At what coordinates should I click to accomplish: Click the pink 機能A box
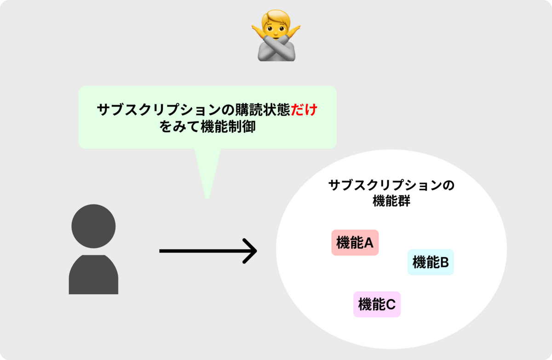coord(355,242)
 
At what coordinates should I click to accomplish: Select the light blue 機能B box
coord(431,262)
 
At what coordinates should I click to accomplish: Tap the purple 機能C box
coord(377,304)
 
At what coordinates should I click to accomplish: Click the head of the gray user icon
coord(93,226)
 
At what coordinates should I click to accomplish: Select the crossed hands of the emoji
coord(276,48)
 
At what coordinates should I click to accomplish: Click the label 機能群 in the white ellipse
coord(391,201)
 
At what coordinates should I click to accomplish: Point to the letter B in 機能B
coord(444,263)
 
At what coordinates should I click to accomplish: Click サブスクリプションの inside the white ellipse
coord(391,186)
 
